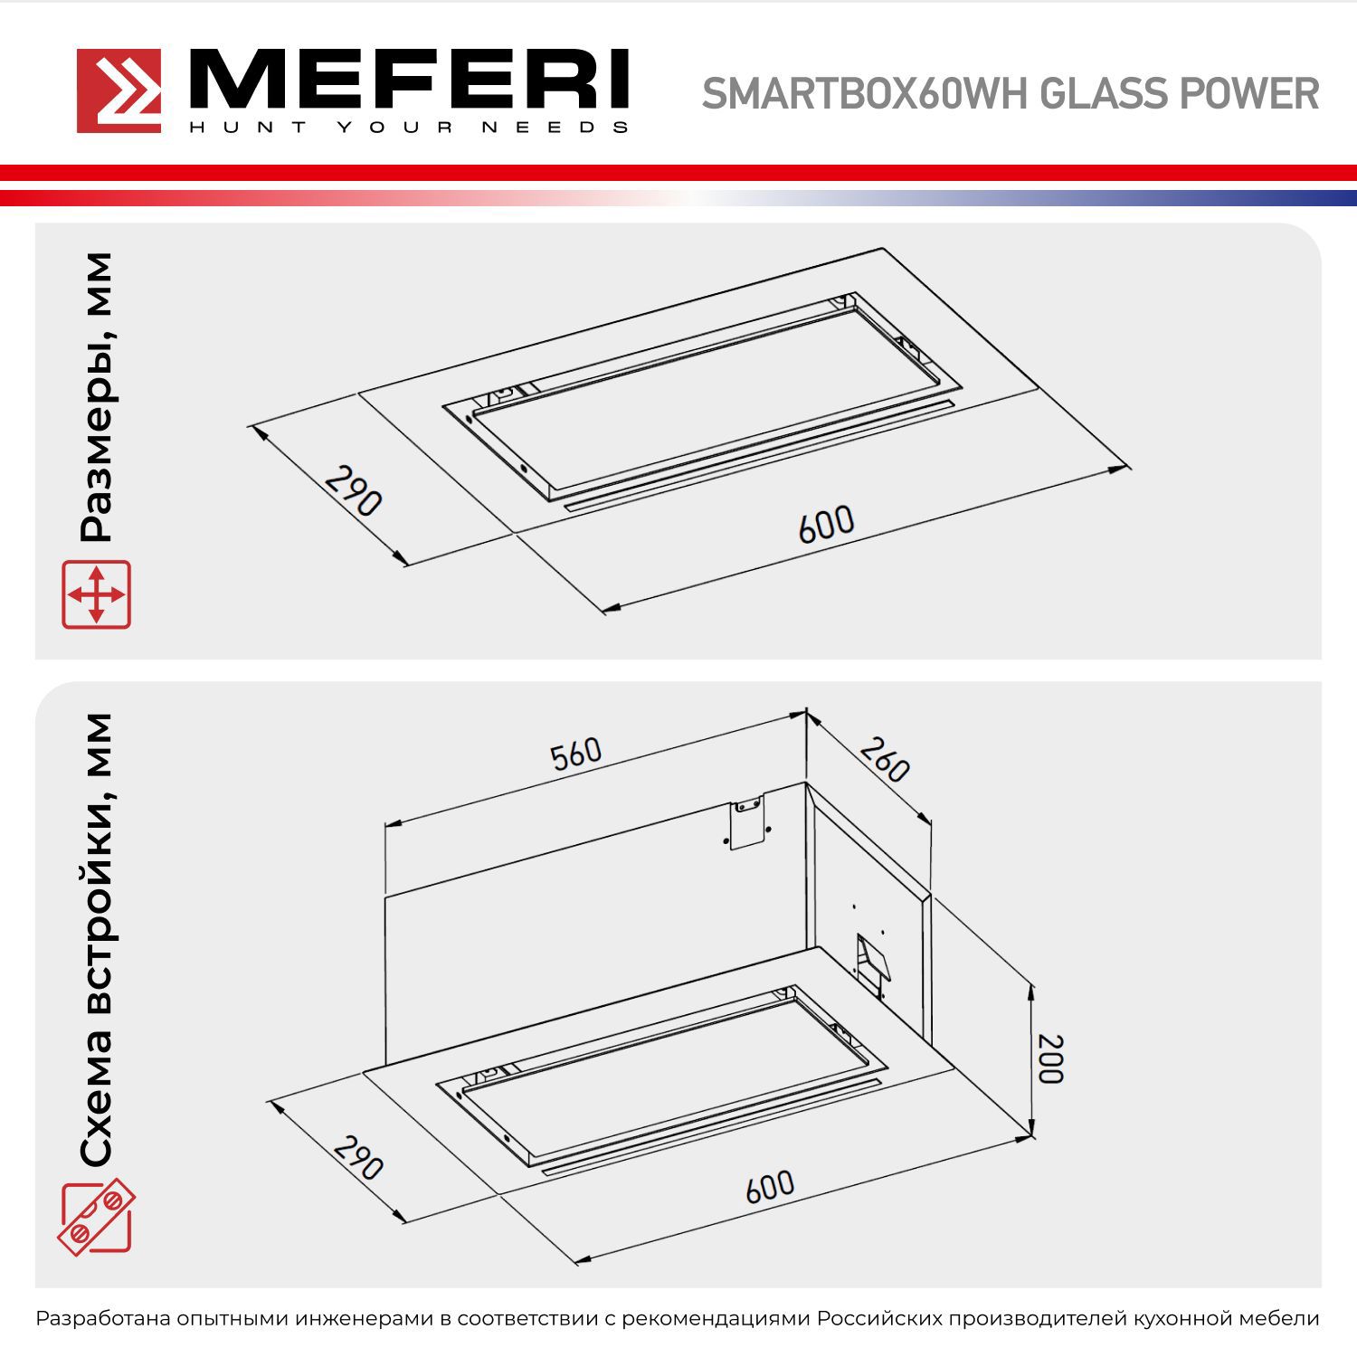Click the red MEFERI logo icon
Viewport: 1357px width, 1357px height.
[x=119, y=90]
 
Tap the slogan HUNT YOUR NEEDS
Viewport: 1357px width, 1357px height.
[x=407, y=128]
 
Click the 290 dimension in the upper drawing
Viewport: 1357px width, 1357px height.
[x=354, y=490]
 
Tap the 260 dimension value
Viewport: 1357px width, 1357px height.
[x=884, y=759]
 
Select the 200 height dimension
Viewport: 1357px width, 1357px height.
[x=1050, y=1058]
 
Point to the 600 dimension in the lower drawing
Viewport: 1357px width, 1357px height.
[x=770, y=1186]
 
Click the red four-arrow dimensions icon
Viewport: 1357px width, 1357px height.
[x=96, y=594]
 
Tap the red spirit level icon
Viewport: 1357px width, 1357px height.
[x=96, y=1217]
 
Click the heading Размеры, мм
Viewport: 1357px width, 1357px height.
[x=96, y=397]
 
